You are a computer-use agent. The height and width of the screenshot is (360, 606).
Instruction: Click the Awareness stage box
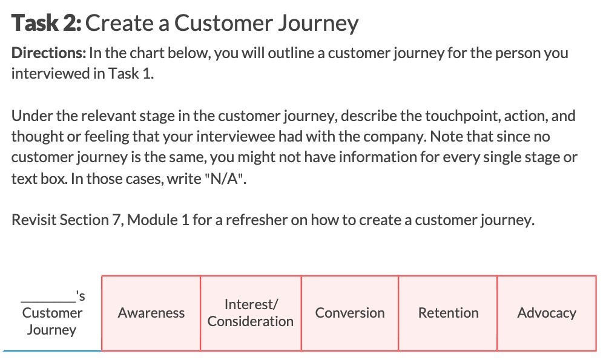[151, 313]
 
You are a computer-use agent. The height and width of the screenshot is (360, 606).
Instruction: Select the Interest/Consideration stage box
[251, 313]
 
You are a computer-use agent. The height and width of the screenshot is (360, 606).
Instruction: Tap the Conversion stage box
[350, 313]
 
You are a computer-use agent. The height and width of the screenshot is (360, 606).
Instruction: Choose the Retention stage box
[448, 313]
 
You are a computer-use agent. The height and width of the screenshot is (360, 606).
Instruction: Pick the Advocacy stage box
[547, 313]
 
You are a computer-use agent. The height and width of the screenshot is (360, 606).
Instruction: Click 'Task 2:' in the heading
[48, 23]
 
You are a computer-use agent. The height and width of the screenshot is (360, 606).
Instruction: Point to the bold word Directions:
[48, 53]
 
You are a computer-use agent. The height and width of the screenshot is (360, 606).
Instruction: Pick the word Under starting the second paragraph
[29, 116]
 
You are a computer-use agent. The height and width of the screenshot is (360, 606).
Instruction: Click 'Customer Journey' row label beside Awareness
[52, 321]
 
